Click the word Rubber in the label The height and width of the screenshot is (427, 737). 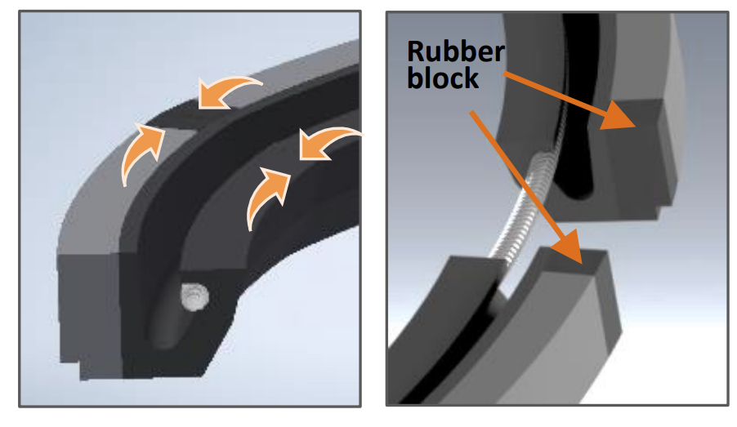456,52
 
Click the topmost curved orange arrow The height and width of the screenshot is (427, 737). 229,91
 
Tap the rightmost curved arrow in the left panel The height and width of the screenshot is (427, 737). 326,144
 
